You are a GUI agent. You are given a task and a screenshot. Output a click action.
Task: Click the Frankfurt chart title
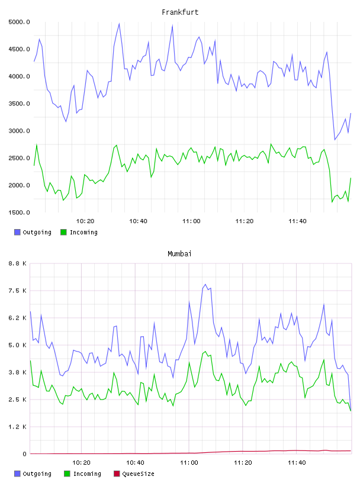[x=180, y=12]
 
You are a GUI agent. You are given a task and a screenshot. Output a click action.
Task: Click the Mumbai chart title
[x=179, y=253]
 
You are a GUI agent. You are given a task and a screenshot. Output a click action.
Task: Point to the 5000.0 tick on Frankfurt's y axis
[x=19, y=22]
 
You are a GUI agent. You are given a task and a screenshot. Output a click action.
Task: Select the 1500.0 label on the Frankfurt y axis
[x=19, y=212]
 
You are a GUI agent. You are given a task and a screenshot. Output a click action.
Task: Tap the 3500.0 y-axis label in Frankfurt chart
[x=19, y=104]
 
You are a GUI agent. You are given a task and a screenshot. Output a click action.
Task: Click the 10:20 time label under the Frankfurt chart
[x=85, y=221]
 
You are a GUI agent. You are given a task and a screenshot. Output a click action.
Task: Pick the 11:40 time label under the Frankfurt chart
[x=297, y=221]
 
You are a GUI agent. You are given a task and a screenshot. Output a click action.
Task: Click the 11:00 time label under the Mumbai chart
[x=189, y=462]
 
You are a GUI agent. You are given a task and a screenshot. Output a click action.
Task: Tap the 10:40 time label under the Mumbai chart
[x=136, y=462]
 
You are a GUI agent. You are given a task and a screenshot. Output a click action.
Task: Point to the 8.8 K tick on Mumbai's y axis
[x=18, y=263]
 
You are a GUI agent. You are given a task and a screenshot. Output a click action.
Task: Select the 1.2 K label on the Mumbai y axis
[x=18, y=427]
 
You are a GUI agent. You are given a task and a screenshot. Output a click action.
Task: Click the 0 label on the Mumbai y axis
[x=25, y=454]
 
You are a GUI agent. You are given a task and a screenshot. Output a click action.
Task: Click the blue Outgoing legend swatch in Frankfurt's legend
[x=17, y=232]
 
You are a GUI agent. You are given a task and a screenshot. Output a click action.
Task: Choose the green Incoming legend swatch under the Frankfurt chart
[x=63, y=232]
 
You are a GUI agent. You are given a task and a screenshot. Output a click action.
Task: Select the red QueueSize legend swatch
[x=117, y=474]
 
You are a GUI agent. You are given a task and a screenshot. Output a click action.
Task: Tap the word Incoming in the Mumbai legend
[x=87, y=474]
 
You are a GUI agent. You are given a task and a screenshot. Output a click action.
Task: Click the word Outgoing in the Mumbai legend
[x=37, y=474]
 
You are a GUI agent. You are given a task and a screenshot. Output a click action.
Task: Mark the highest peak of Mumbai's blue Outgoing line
[x=205, y=284]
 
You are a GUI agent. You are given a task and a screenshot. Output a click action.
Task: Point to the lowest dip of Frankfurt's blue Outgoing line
[x=335, y=140]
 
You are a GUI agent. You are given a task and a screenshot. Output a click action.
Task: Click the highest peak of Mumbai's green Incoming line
[x=205, y=351]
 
